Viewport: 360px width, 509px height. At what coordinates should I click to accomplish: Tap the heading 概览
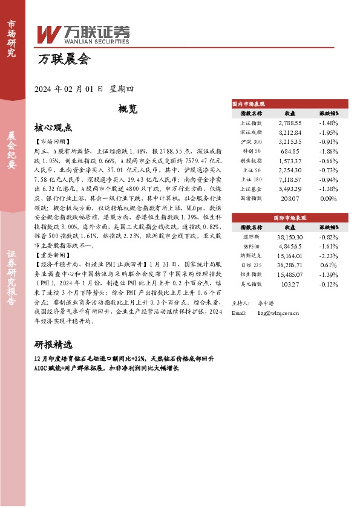point(128,109)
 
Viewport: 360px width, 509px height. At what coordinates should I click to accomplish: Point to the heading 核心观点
point(53,128)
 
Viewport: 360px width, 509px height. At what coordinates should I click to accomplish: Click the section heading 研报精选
point(57,345)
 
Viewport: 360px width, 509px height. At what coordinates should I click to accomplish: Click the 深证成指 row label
point(251,131)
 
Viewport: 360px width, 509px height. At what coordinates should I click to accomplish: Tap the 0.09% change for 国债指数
point(329,198)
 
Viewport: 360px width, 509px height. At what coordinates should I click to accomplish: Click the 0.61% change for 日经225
point(329,265)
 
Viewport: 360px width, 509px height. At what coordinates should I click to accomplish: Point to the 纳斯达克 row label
point(251,256)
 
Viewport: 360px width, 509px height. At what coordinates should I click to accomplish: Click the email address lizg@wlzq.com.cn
point(278,313)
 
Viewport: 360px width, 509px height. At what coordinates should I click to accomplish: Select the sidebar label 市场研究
point(11,38)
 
